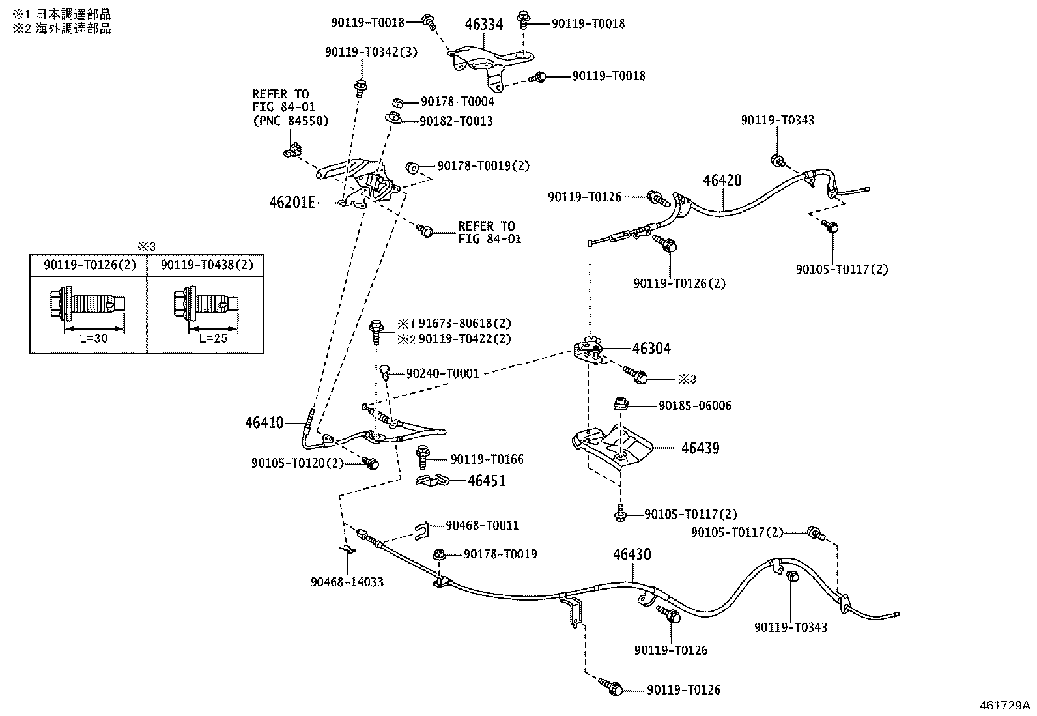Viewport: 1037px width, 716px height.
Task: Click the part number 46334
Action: point(484,24)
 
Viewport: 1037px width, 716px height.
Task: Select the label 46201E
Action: point(292,203)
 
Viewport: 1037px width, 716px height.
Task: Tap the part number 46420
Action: point(722,180)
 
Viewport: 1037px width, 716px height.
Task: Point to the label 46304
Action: point(651,349)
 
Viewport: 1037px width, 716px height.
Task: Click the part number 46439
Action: point(700,448)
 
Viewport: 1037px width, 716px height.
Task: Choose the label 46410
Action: point(264,422)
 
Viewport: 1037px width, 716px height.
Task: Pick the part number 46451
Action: point(487,481)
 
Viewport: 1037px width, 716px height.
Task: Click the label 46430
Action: point(632,554)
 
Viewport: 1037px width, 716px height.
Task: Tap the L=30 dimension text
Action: point(94,339)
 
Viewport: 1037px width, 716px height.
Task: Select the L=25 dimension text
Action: point(213,339)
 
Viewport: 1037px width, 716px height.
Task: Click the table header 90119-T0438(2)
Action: point(207,265)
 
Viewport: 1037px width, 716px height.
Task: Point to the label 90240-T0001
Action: point(443,373)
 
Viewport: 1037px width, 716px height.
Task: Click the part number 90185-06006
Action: point(695,406)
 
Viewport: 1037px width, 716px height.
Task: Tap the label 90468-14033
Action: point(347,582)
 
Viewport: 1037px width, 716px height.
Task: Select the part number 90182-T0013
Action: point(457,121)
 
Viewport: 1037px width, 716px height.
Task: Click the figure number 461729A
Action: point(1004,706)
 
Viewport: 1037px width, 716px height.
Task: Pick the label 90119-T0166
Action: point(487,459)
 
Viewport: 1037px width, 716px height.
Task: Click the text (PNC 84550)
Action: point(291,121)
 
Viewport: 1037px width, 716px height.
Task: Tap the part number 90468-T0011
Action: point(483,525)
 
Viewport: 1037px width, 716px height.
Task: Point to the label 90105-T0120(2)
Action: point(298,463)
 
